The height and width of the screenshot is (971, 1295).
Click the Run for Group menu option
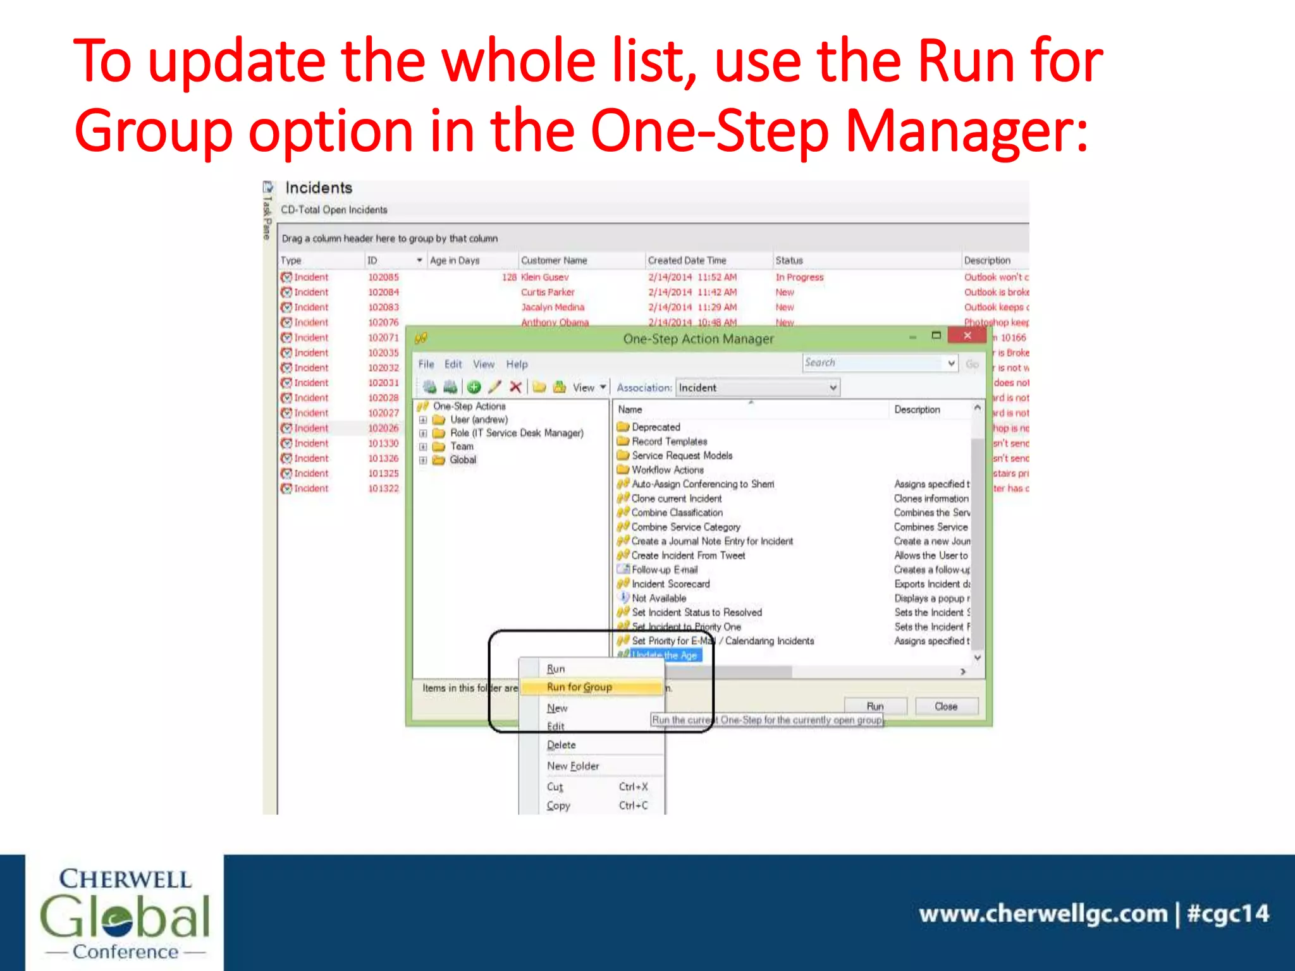click(579, 687)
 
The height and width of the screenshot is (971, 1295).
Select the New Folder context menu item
click(573, 766)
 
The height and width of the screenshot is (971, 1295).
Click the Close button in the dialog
click(946, 706)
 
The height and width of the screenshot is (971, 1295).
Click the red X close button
click(967, 336)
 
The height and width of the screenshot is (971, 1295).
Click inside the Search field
click(873, 363)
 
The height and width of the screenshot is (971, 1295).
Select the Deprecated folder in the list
click(656, 427)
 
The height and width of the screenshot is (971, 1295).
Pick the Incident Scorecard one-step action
click(670, 584)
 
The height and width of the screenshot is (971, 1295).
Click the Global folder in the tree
click(462, 460)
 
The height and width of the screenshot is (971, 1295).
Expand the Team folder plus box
click(423, 446)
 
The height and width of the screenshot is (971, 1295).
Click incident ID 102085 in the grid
click(383, 277)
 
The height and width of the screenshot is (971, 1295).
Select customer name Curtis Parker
click(548, 292)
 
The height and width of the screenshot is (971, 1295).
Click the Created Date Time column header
click(687, 260)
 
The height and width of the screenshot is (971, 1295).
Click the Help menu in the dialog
click(517, 364)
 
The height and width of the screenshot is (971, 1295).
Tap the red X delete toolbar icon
click(515, 387)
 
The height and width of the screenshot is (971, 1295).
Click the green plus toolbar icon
click(474, 387)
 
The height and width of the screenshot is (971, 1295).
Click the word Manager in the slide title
click(966, 131)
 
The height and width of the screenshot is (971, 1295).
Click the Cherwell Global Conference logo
click(125, 913)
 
